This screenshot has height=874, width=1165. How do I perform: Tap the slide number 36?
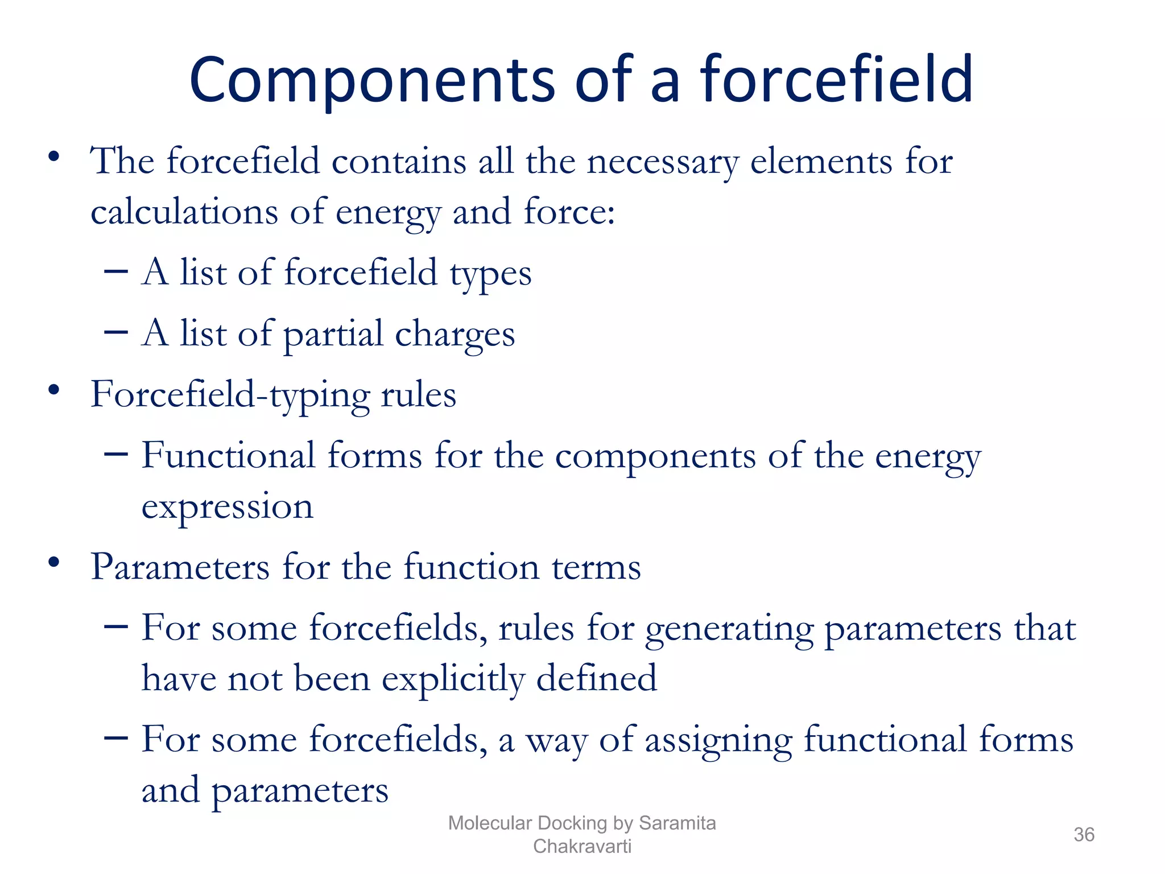click(1084, 835)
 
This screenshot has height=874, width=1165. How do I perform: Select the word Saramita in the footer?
click(677, 823)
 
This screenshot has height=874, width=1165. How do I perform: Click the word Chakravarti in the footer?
click(582, 846)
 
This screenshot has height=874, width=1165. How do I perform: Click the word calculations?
click(184, 212)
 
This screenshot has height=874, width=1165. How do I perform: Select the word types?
click(490, 273)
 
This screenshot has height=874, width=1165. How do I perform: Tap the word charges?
click(455, 334)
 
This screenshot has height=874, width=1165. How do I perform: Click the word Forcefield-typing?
click(230, 395)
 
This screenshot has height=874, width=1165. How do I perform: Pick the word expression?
click(227, 506)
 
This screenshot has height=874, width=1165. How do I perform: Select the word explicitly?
click(453, 679)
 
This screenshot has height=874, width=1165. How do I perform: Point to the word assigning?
click(718, 740)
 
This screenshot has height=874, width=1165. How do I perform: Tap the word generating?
click(729, 629)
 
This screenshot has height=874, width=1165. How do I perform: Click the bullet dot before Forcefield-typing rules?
click(54, 390)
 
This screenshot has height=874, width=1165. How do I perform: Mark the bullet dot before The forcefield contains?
click(54, 156)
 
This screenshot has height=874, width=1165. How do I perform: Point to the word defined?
click(596, 679)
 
